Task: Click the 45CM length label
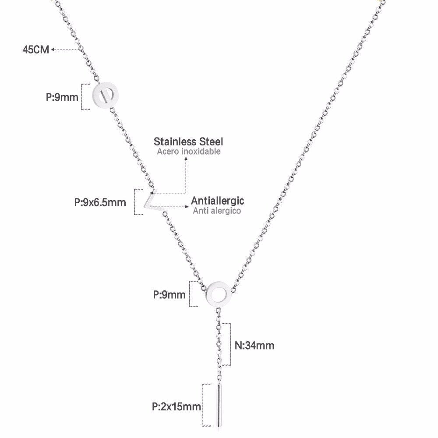tap(36, 50)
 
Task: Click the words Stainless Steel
tap(188, 141)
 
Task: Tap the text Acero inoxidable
tap(188, 152)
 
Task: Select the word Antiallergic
tap(217, 201)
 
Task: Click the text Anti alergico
tap(217, 211)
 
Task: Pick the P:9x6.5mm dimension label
tap(100, 202)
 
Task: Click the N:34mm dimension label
tap(254, 346)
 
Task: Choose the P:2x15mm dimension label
tap(176, 406)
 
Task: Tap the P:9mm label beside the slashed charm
tap(62, 98)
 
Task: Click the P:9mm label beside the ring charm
tap(169, 295)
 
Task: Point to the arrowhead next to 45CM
tap(53, 50)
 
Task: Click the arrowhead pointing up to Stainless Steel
tap(186, 158)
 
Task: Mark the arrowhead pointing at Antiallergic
tap(187, 207)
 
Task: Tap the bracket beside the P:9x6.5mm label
tap(138, 202)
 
